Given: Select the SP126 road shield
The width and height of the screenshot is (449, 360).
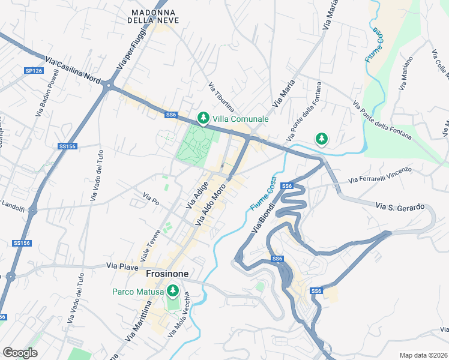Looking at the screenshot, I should (x=34, y=71).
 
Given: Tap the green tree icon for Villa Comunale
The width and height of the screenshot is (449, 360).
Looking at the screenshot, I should (x=203, y=118).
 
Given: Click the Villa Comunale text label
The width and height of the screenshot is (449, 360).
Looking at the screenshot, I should (x=241, y=119).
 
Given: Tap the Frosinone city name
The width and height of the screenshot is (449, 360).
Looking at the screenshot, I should (x=167, y=274).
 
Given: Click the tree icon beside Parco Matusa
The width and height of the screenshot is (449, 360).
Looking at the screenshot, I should (x=173, y=292).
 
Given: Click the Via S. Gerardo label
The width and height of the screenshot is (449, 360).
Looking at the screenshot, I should (x=400, y=207).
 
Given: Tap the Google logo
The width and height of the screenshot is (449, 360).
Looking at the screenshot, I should (x=20, y=353).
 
